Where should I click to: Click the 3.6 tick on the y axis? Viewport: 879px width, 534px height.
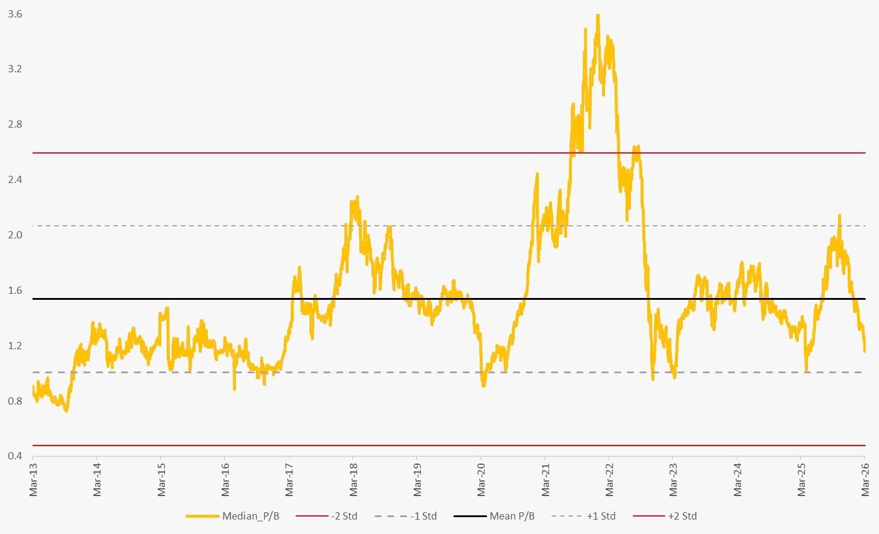14,14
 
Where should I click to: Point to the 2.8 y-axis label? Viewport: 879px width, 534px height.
14,125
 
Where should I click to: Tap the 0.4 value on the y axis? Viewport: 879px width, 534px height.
14,456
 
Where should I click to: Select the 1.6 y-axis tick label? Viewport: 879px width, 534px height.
14,290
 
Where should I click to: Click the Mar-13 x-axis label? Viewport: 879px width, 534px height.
33,480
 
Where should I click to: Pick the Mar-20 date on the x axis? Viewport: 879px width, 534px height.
481,480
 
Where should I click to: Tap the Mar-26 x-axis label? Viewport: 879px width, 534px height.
865,480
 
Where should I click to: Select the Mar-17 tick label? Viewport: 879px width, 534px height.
289,480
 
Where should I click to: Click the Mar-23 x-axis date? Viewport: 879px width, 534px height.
673,480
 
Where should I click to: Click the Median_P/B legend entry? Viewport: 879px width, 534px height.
250,516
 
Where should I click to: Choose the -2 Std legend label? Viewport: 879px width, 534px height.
344,516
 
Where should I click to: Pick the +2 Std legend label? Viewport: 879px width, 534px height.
682,516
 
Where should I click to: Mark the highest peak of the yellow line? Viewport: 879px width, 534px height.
597,15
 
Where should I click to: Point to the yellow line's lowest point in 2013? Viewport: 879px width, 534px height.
66,411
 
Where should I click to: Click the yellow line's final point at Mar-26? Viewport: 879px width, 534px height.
865,351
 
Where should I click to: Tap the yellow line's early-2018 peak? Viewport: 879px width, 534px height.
357,197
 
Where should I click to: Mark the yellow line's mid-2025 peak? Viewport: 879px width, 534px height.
839,216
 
